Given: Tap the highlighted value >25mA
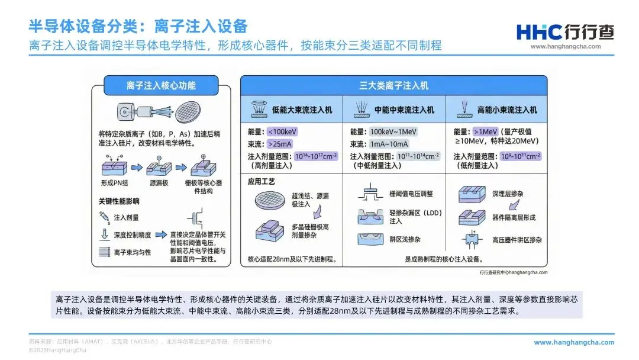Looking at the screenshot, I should click(x=280, y=144).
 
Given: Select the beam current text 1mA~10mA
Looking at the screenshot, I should click(x=388, y=144).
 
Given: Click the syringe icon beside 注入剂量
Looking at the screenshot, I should click(x=104, y=217).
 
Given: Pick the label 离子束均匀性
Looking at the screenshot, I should click(x=132, y=252).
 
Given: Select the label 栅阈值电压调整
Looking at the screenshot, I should click(x=411, y=194).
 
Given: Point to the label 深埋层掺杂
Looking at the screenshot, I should click(x=508, y=194).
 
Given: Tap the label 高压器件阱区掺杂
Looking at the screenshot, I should click(x=517, y=240).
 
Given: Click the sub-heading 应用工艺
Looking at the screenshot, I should click(x=262, y=181).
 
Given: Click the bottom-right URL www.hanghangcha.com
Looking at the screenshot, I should click(x=574, y=342).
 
